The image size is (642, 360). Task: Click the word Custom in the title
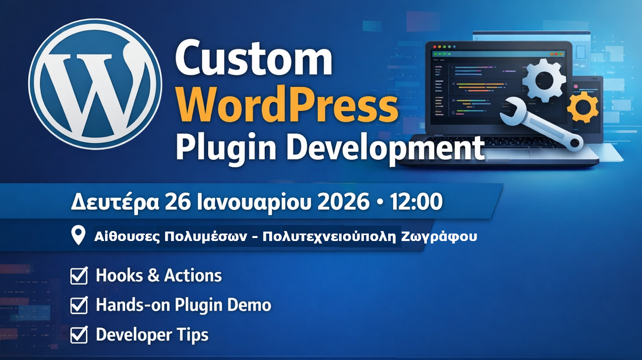coord(253,59)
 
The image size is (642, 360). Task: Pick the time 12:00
coord(416,202)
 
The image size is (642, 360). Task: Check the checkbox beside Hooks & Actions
coord(79,276)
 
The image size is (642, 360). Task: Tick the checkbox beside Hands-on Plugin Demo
coord(79,305)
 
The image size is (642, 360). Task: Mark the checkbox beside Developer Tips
coord(79,335)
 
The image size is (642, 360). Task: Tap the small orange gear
coord(583,106)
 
